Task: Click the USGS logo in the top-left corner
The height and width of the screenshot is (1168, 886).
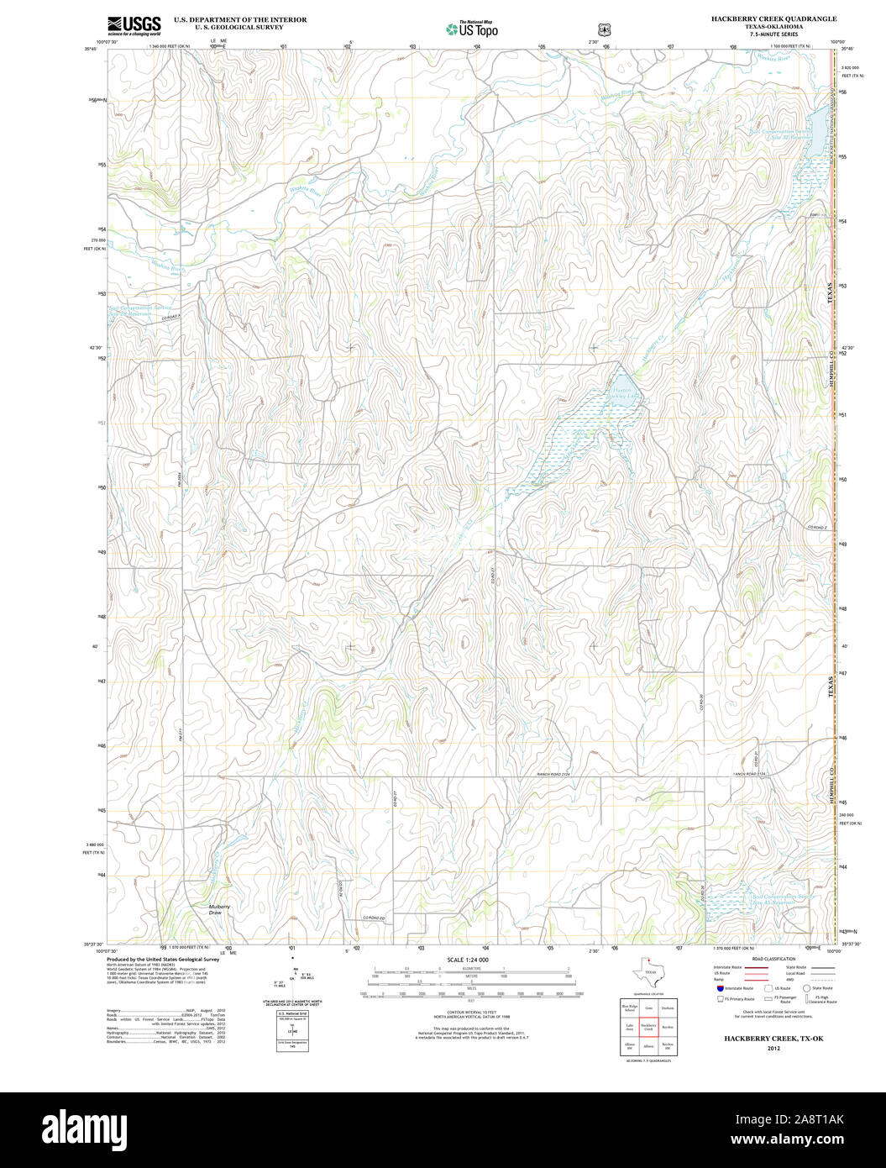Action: [134, 25]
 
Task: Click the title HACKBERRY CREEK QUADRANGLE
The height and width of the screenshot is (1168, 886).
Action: [773, 18]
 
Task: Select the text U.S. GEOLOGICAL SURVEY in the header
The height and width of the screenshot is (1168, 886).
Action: [239, 27]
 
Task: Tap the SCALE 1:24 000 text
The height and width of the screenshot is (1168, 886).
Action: [468, 960]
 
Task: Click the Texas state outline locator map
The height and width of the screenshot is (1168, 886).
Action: [649, 973]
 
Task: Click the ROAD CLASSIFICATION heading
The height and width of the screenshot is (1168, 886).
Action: [773, 959]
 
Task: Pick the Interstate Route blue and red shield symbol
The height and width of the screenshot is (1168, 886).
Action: [720, 989]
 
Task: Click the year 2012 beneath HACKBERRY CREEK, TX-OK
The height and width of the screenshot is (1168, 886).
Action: [773, 1049]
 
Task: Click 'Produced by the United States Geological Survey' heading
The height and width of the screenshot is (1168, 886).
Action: [163, 959]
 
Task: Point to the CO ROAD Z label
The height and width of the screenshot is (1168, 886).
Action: [818, 527]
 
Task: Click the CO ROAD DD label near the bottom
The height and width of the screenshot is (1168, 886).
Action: [373, 918]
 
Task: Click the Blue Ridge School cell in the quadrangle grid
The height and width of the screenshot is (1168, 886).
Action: [629, 1008]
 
